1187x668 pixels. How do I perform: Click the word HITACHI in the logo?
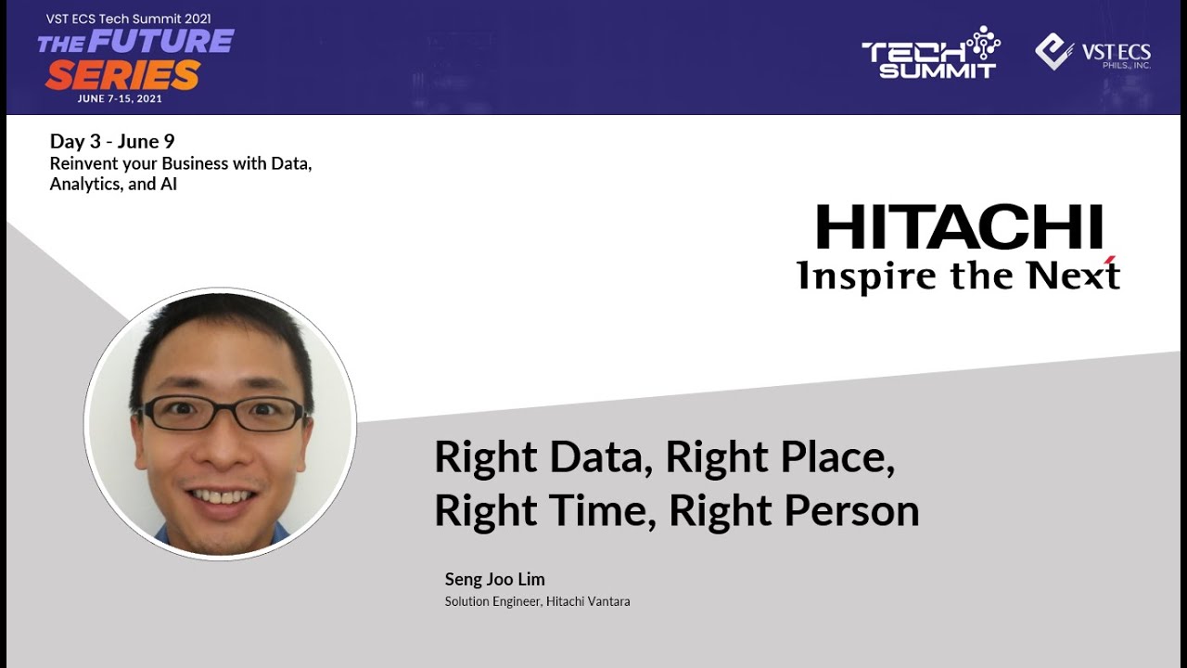click(x=959, y=228)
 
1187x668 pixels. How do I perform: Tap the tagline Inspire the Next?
click(x=958, y=276)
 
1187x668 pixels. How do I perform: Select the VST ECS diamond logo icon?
click(x=1054, y=52)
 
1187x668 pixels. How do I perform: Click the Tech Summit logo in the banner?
click(x=930, y=54)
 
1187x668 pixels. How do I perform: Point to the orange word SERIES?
click(x=122, y=75)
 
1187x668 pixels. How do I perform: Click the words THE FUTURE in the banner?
click(x=135, y=42)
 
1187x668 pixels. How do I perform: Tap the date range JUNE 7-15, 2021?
click(x=121, y=99)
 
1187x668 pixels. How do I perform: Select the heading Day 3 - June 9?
click(x=112, y=142)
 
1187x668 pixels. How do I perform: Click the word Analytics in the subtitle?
click(x=86, y=184)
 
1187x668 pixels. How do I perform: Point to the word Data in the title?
click(x=601, y=457)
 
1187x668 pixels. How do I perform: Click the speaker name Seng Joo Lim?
click(x=494, y=580)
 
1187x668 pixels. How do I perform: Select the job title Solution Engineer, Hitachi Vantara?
click(x=537, y=602)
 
